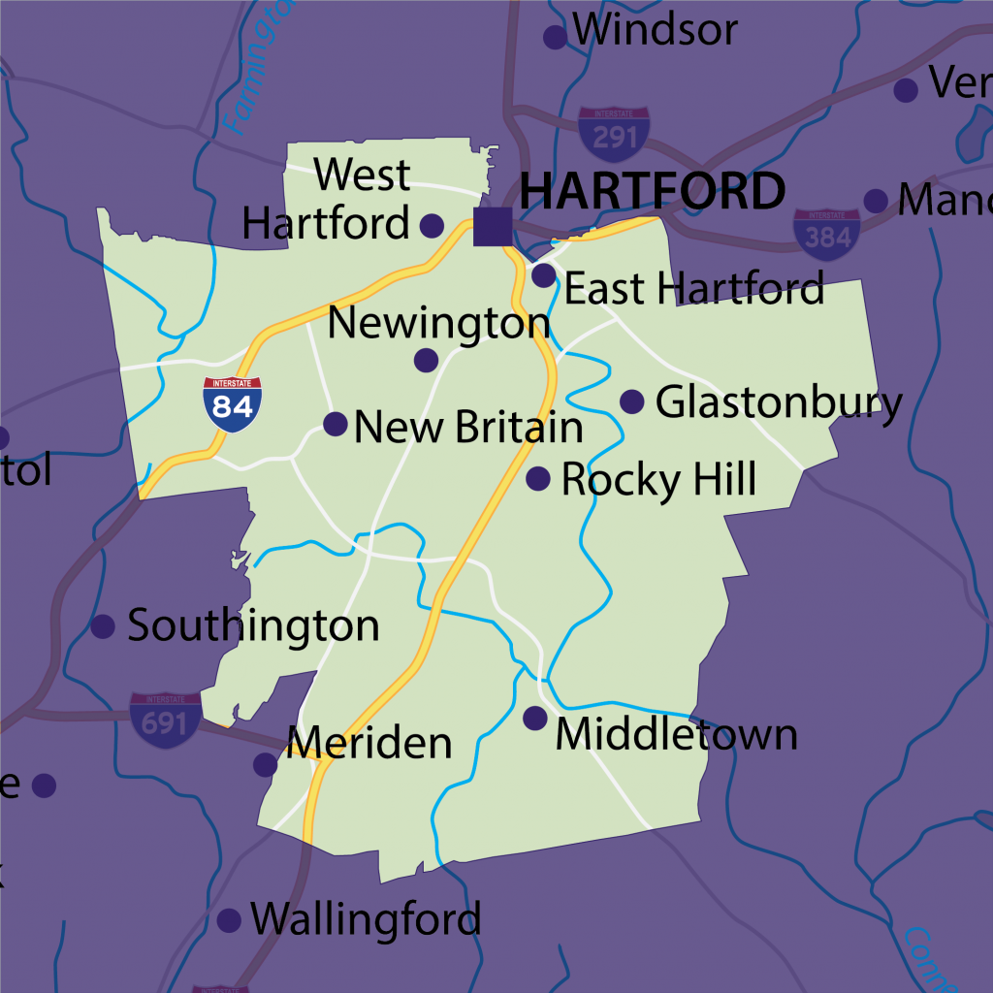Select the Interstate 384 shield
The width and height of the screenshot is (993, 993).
(826, 235)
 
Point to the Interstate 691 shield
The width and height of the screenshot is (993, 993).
(166, 721)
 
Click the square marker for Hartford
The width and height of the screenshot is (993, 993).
(493, 227)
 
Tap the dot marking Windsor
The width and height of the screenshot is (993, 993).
(555, 38)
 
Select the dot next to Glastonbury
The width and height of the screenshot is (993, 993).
(632, 401)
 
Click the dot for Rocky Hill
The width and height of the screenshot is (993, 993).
(538, 478)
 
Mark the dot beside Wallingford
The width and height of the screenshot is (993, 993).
(229, 920)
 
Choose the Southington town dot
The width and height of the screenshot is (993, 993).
(103, 626)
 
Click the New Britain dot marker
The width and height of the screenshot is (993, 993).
(336, 424)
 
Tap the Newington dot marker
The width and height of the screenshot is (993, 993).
(426, 361)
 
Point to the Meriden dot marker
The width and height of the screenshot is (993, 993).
(266, 764)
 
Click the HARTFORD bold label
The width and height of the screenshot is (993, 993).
(653, 192)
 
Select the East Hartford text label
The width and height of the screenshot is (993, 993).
(694, 289)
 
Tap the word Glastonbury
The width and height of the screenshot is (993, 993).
(779, 402)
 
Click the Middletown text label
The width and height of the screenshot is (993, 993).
(676, 735)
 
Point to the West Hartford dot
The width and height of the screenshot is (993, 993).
(432, 226)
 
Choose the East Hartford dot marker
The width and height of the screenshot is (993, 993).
(544, 276)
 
